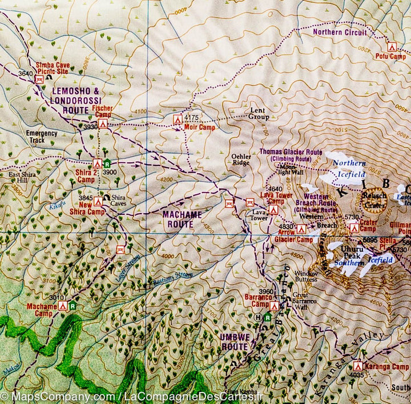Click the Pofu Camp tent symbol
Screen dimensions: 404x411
click(392, 47)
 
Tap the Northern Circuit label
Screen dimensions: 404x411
click(340, 33)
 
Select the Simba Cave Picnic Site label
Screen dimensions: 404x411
click(53, 69)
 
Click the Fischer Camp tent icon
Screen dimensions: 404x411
click(103, 123)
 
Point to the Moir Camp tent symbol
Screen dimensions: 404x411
click(177, 119)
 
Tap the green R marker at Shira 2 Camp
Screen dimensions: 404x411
click(107, 163)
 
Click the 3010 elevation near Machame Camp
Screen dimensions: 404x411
click(56, 297)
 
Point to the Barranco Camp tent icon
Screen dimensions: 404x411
click(275, 306)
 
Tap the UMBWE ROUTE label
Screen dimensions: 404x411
click(234, 341)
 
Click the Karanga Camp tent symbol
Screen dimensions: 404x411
click(358, 365)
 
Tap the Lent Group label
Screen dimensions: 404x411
click(260, 113)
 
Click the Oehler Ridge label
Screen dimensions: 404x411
click(241, 158)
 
